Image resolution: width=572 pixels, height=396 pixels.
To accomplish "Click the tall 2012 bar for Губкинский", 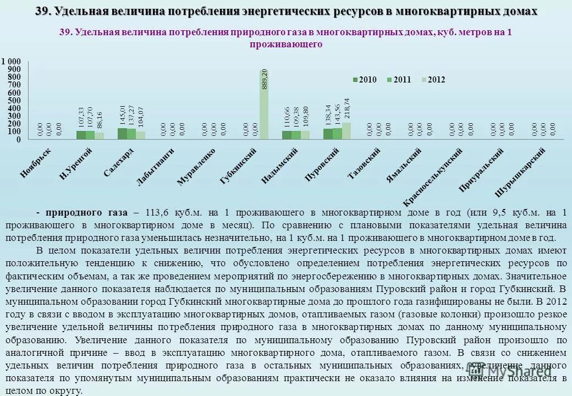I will [264, 105].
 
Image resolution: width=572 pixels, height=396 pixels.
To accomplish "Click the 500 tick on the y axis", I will [14, 101].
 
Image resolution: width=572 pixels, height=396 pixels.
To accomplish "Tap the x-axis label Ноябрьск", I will [36, 162].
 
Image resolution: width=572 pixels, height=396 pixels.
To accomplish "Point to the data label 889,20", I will [265, 79].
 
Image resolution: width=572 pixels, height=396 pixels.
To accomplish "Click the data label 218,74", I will [346, 108].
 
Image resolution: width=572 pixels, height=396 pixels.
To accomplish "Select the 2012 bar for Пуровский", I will [346, 131].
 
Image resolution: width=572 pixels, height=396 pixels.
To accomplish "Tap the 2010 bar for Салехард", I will [122, 134].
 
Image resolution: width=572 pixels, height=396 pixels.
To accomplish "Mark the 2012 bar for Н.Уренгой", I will [99, 136].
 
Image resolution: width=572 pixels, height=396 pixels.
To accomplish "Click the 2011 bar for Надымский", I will [296, 135].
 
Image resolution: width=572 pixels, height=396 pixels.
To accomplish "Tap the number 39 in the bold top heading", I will [42, 12].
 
